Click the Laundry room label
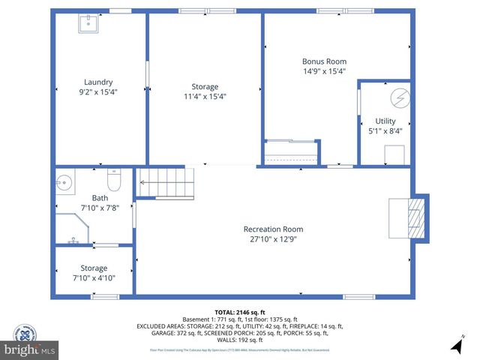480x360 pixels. pos(98,82)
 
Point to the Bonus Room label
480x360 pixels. pos(324,61)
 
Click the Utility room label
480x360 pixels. pos(385,121)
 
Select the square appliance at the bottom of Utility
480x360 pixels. pos(394,154)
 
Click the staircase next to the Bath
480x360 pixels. pos(165,182)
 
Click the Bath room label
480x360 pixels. pos(100,198)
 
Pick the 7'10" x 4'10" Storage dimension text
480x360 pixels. pos(94,277)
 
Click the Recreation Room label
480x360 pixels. pos(273,229)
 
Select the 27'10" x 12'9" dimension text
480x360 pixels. pos(273,238)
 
